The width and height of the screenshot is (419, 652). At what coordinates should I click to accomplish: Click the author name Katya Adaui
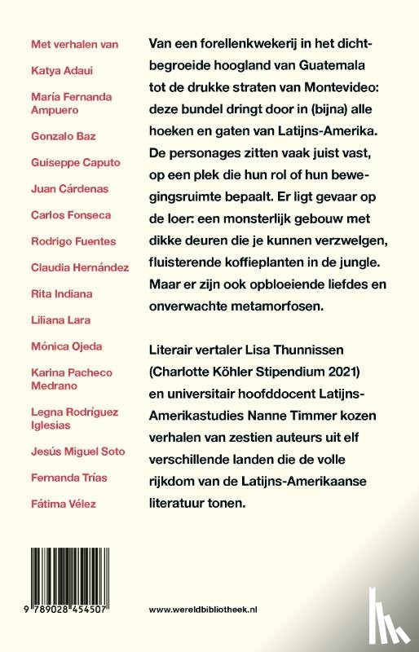(x=58, y=70)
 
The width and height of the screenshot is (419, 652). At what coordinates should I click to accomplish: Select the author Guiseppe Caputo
(x=75, y=162)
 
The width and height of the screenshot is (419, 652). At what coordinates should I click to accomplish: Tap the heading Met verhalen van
(x=73, y=44)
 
